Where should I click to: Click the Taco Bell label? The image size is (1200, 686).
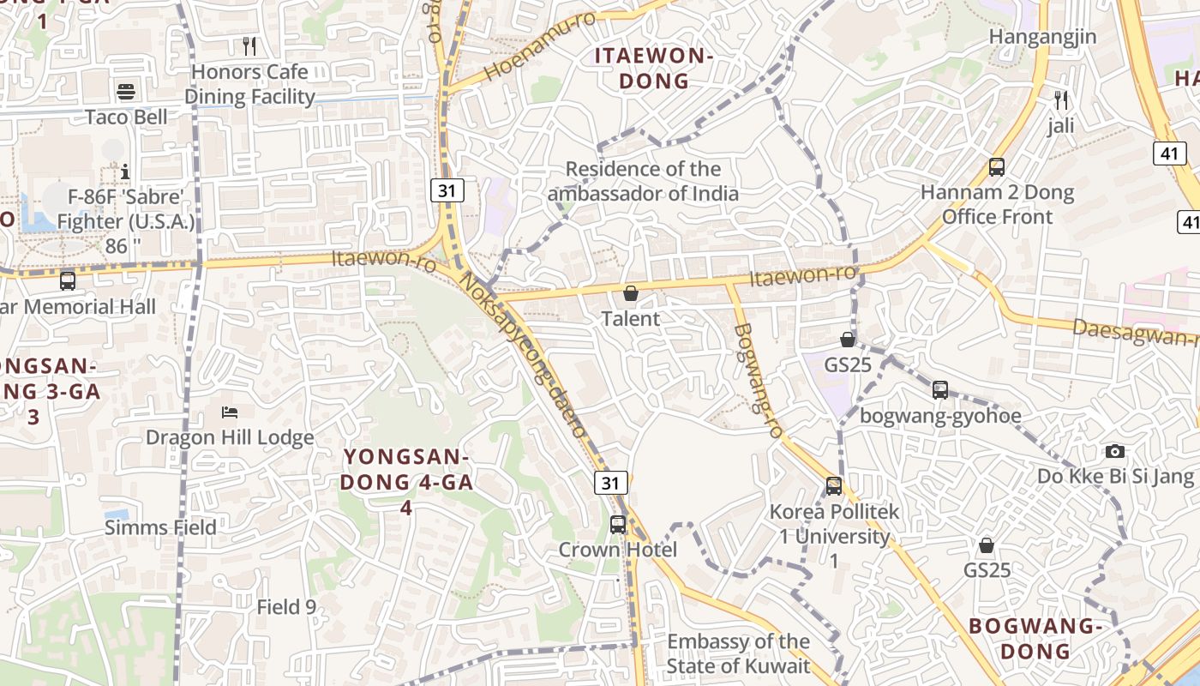127,117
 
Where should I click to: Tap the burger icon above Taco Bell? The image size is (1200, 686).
126,92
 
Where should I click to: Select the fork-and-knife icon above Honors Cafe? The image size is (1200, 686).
249,45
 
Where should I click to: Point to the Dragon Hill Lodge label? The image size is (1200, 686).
230,437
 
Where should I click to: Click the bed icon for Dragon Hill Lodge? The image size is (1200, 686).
230,412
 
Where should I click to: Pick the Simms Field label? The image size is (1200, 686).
160,527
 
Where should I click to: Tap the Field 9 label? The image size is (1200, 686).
286,607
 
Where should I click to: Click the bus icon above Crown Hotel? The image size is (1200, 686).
618,524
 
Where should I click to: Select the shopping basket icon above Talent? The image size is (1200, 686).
631,294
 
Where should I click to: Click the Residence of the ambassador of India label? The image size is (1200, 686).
643,181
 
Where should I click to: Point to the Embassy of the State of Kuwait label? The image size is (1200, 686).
738,653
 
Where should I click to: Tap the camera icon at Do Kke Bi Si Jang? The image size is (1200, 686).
1114,451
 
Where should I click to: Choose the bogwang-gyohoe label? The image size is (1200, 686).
940,416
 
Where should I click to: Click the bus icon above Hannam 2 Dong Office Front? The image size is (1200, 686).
997,167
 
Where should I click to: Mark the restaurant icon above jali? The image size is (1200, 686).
1061,100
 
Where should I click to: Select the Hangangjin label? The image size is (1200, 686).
1042,37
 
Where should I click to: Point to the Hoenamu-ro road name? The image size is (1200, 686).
540,47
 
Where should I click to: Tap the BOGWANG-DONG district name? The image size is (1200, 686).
1035,638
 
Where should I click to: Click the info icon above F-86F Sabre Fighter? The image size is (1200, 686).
125,172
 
